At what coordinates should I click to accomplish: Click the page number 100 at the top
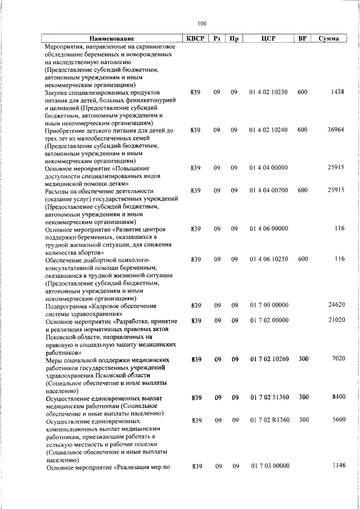click(202, 23)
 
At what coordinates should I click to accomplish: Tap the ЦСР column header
click(267, 38)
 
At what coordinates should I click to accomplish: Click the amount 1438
click(337, 91)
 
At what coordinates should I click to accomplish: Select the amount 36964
click(335, 130)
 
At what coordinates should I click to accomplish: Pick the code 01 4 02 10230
click(268, 91)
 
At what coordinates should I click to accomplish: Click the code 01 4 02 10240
click(268, 130)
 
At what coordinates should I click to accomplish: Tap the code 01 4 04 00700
click(268, 191)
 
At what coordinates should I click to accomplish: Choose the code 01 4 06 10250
click(268, 259)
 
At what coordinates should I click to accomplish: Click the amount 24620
click(335, 305)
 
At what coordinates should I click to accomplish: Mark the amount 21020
click(335, 321)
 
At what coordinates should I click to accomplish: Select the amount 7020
click(337, 359)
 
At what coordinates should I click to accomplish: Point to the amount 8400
click(337, 397)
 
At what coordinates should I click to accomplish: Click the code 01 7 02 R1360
click(268, 420)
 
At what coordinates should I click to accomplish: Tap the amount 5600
click(337, 420)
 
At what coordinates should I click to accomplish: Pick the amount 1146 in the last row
click(337, 466)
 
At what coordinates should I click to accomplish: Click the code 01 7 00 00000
click(268, 305)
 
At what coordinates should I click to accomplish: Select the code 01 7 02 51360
click(268, 397)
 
